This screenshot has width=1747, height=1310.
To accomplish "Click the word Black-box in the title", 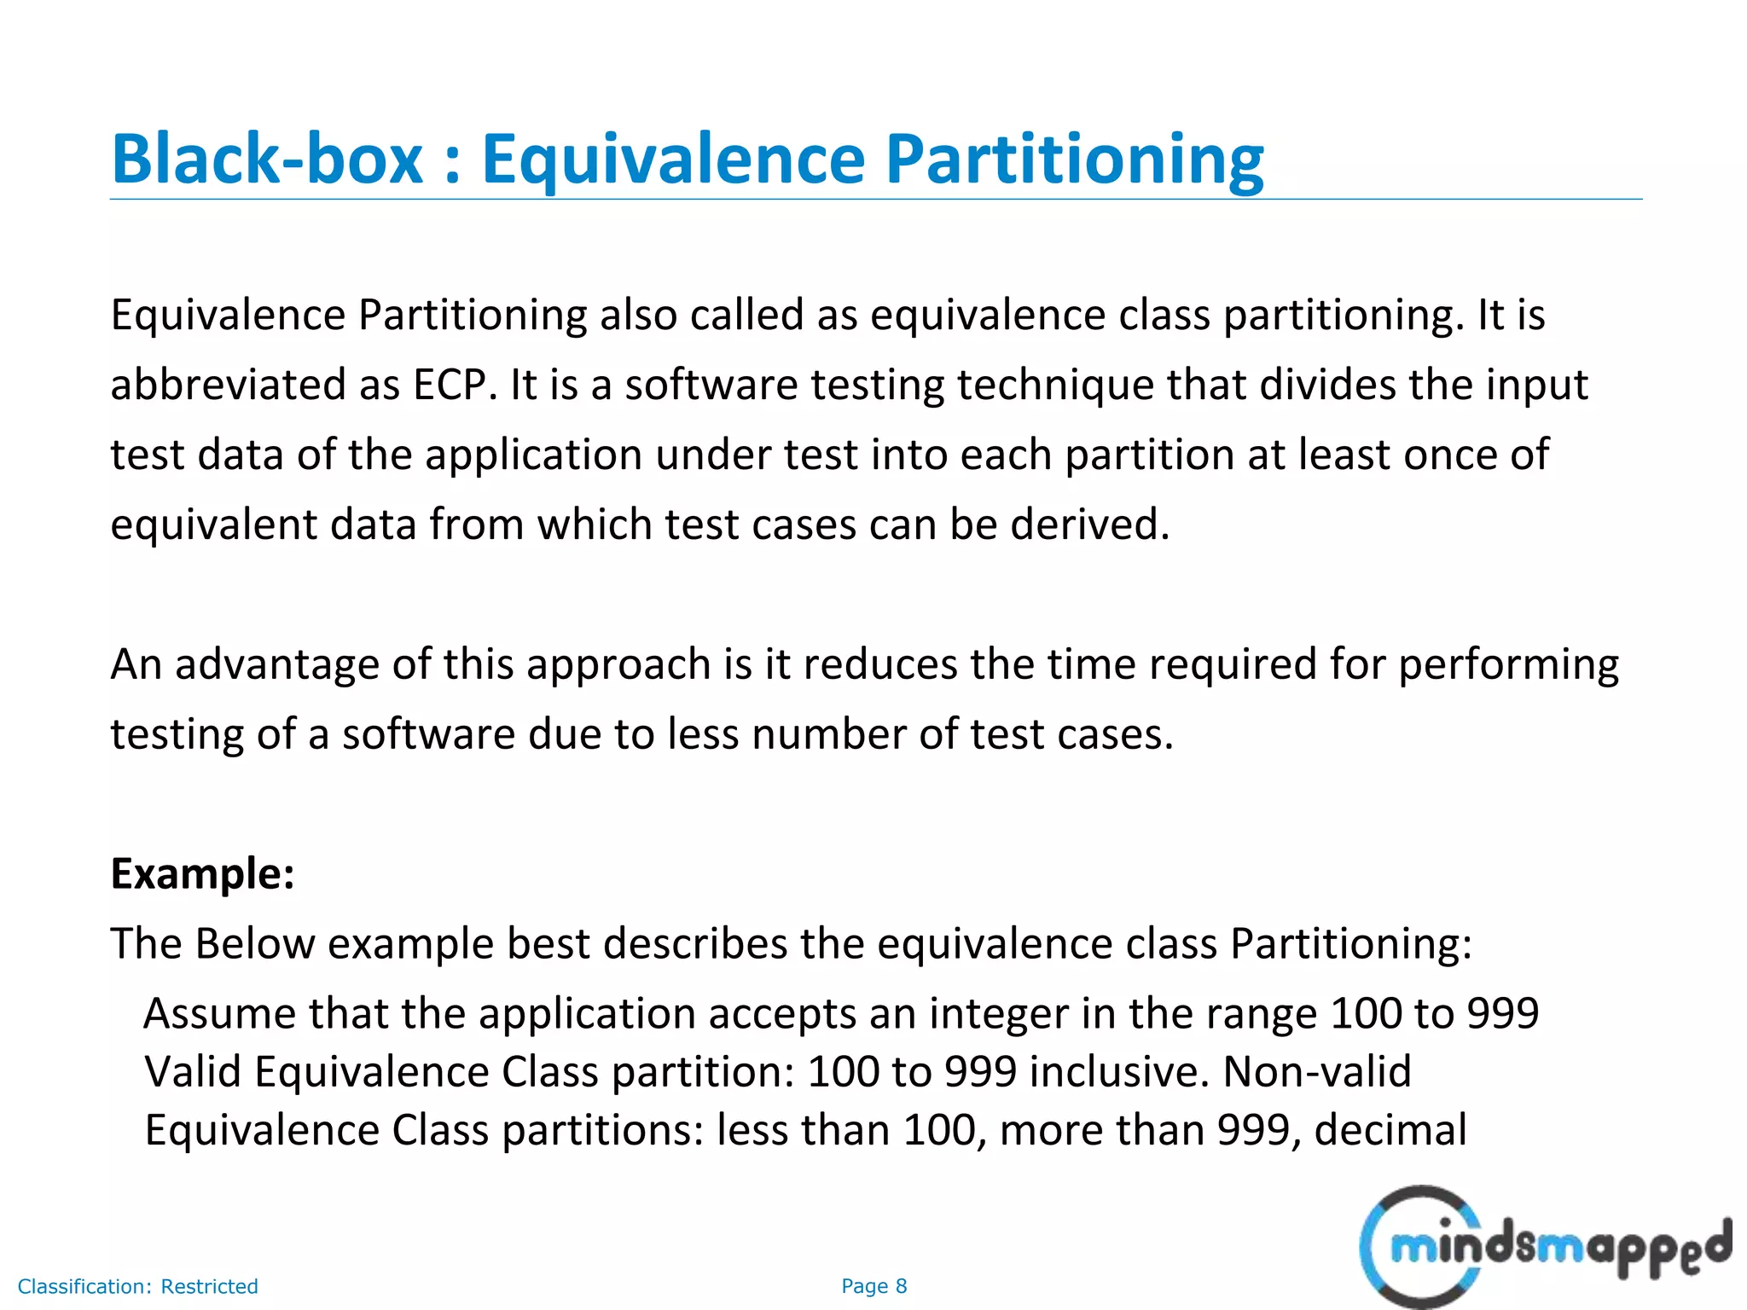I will pyautogui.click(x=267, y=159).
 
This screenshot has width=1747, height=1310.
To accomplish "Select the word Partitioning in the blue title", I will pyautogui.click(x=1074, y=159).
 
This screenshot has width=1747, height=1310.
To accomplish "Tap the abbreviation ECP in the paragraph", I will pyautogui.click(x=454, y=385).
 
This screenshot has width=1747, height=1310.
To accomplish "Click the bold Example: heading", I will pyautogui.click(x=203, y=873).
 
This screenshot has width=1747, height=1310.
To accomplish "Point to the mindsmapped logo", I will pyautogui.click(x=1544, y=1248).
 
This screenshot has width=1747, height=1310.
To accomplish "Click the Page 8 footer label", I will pyautogui.click(x=873, y=1286).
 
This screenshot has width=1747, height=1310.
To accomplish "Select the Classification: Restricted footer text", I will pyautogui.click(x=137, y=1286).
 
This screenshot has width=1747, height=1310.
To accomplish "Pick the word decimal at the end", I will pyautogui.click(x=1390, y=1130).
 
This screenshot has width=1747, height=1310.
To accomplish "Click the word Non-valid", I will pyautogui.click(x=1317, y=1072).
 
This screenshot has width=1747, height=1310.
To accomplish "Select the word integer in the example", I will pyautogui.click(x=998, y=1014).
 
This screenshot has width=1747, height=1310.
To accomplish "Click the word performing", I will pyautogui.click(x=1508, y=664).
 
